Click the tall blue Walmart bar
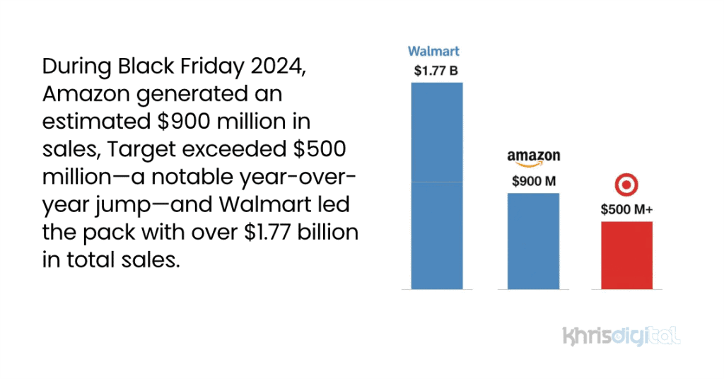(x=437, y=186)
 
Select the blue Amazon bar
(x=533, y=240)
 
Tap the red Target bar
(x=626, y=255)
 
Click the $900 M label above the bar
(x=533, y=181)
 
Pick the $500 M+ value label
(x=626, y=209)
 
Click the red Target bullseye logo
(x=626, y=186)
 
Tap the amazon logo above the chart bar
(x=533, y=157)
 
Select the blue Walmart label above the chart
(x=433, y=52)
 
